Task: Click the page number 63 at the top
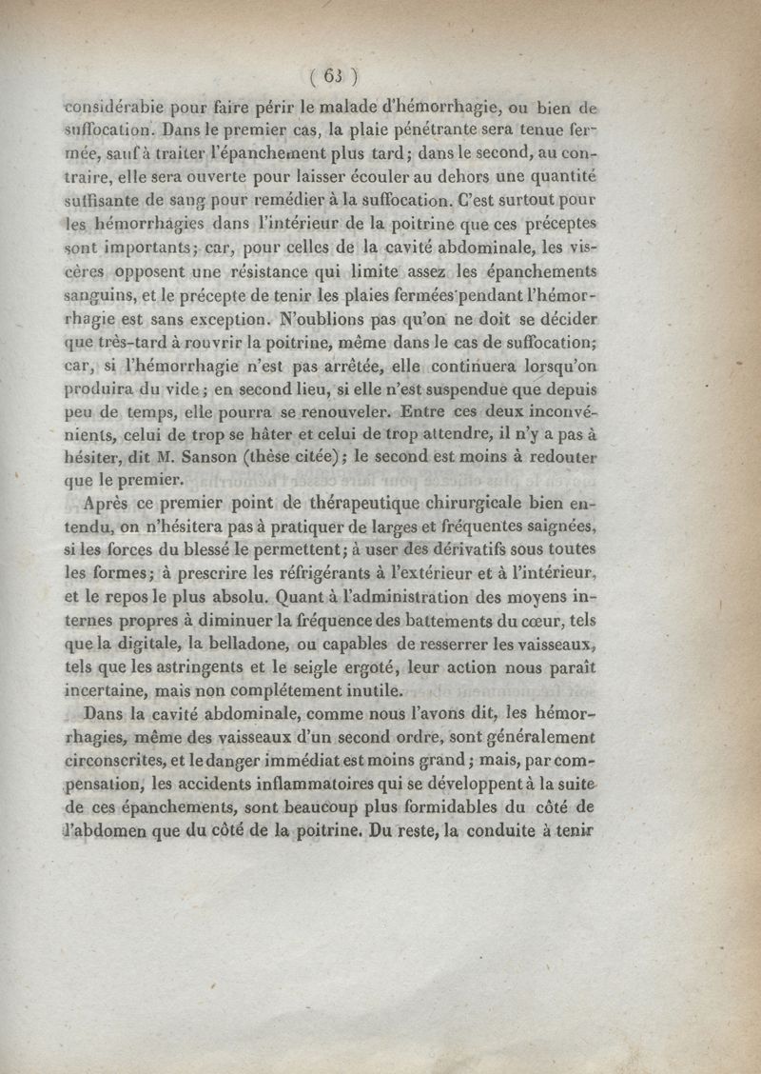tap(333, 77)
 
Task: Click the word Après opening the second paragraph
tap(111, 504)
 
